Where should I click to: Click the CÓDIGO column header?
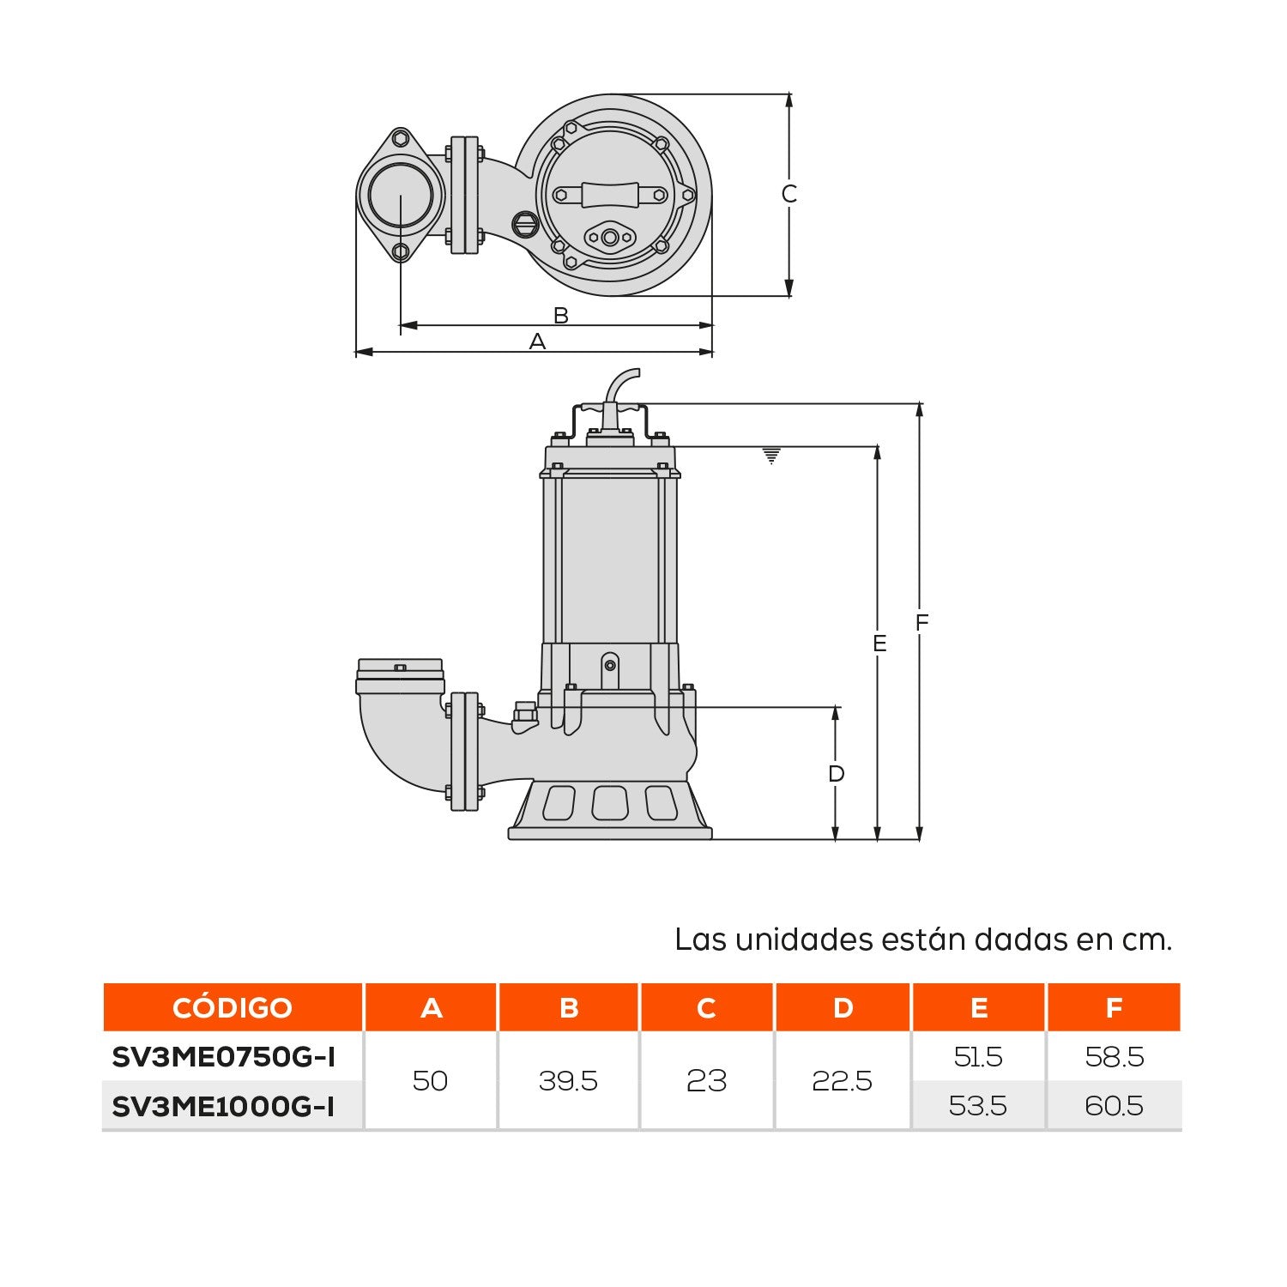[233, 1007]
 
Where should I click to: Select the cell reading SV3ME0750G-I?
[223, 1057]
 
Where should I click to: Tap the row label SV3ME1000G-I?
[223, 1106]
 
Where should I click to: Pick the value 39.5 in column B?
[568, 1081]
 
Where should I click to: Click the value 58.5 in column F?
[1114, 1057]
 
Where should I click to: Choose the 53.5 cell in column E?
[977, 1106]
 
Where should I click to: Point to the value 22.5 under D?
[842, 1081]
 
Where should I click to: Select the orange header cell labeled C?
[706, 1007]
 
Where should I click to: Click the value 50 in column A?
[430, 1081]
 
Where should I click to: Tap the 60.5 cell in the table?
[1114, 1106]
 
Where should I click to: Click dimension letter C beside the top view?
[789, 194]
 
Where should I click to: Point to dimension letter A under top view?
[537, 341]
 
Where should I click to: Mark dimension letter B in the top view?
[560, 315]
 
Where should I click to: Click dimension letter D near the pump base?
[836, 774]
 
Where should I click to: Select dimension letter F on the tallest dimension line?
[922, 622]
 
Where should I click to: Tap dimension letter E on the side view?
[879, 643]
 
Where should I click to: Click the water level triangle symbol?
[771, 456]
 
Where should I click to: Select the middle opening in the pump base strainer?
[609, 803]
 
